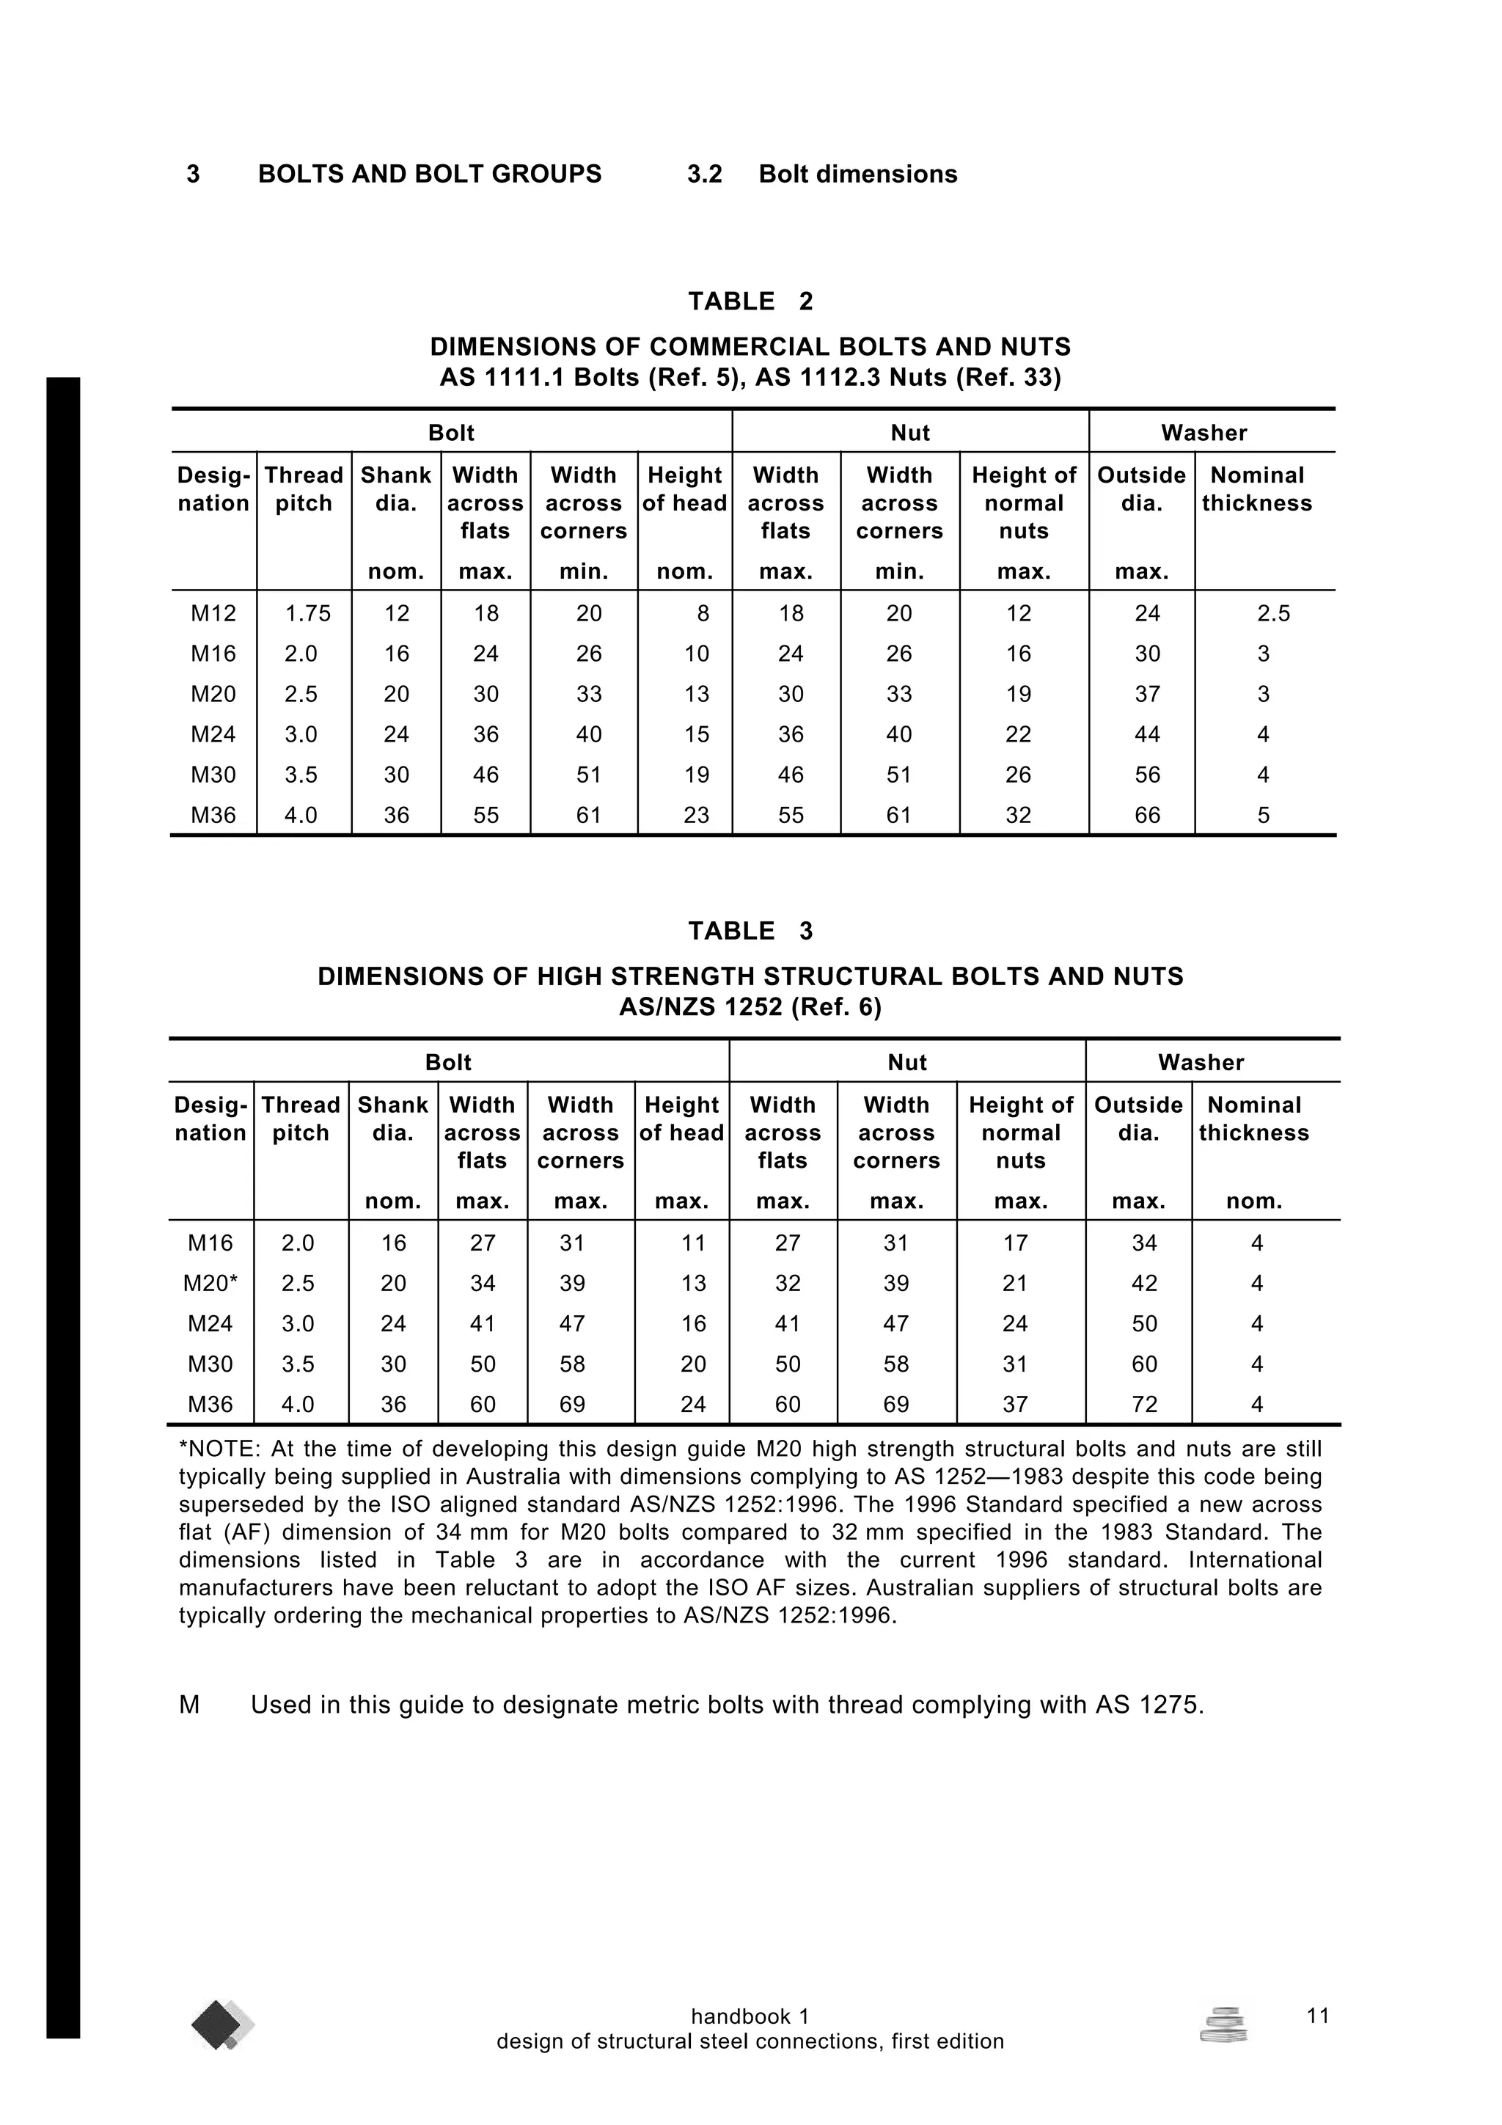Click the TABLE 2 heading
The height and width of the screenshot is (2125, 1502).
[750, 301]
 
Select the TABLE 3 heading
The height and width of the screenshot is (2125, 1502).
[750, 931]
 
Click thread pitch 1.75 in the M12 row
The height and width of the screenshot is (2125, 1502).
[307, 614]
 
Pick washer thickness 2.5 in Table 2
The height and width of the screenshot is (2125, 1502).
[1272, 614]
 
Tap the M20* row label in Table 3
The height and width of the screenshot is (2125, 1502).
[210, 1284]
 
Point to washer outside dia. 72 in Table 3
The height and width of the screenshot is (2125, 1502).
[1144, 1405]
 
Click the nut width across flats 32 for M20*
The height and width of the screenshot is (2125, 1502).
[787, 1284]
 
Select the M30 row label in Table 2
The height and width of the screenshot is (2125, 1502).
[213, 775]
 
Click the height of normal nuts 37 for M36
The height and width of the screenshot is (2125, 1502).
[1014, 1405]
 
